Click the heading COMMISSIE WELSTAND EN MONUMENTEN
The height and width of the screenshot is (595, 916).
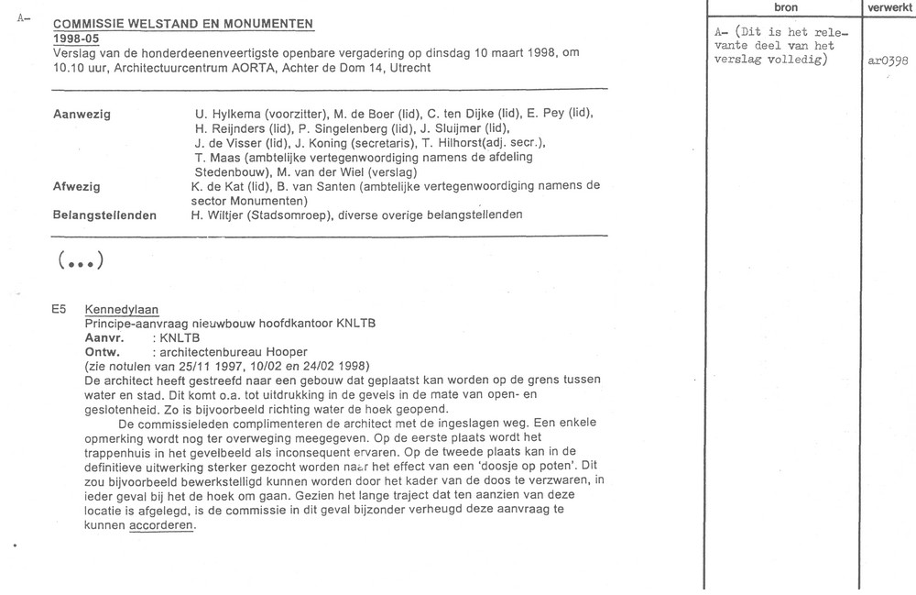(x=183, y=24)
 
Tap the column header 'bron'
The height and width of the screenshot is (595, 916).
(x=786, y=8)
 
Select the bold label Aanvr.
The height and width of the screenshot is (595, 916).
(x=104, y=338)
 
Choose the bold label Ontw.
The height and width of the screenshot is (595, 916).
(x=102, y=352)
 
